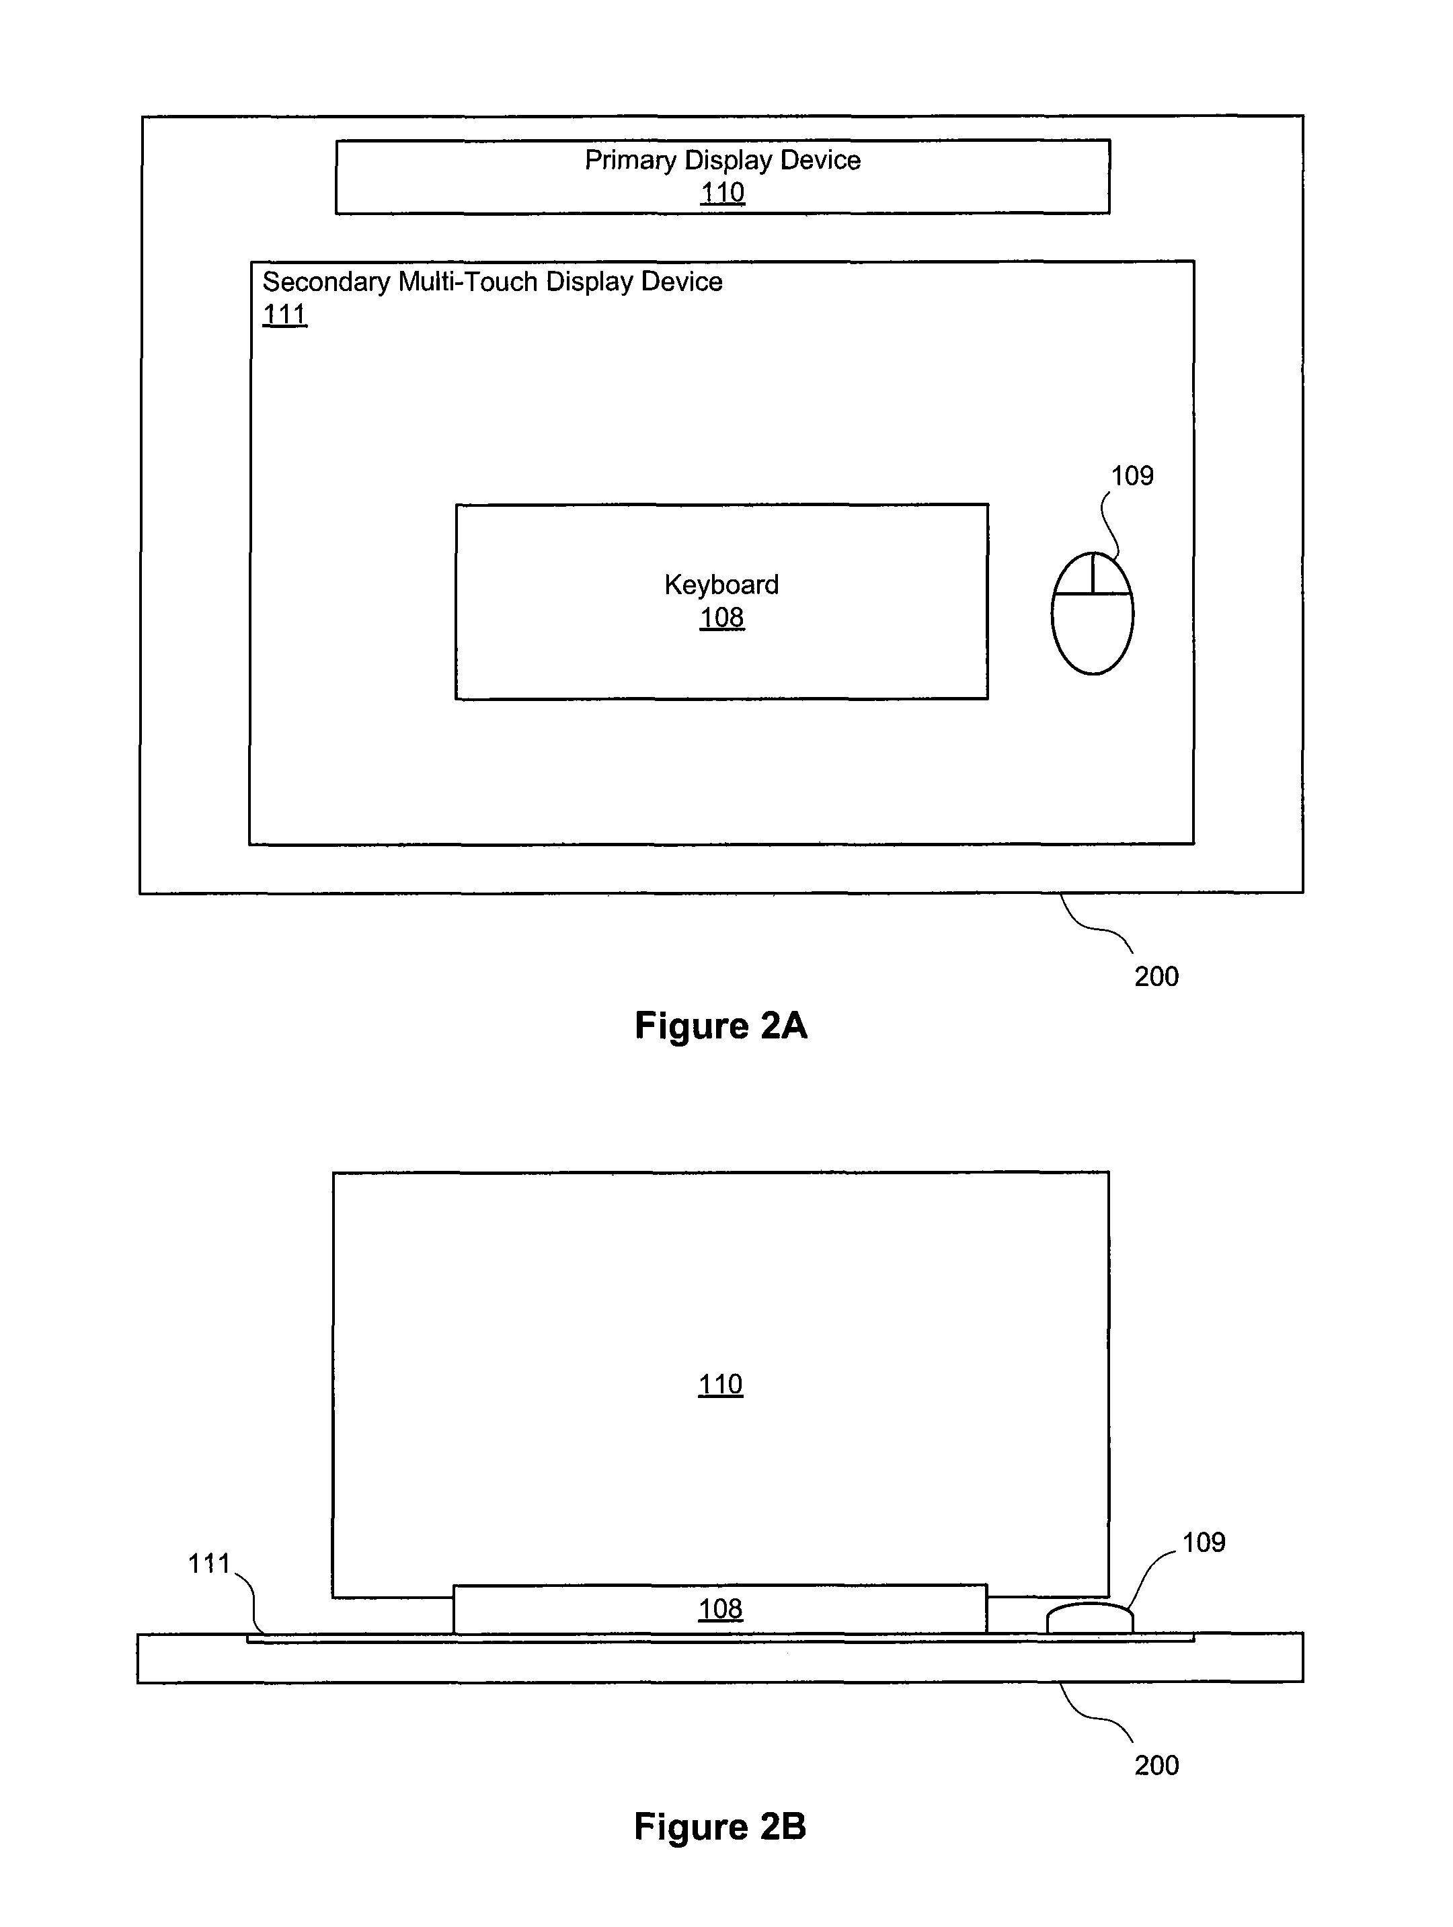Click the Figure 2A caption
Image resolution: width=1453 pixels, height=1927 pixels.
click(721, 1026)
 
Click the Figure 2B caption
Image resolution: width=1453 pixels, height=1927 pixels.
click(720, 1826)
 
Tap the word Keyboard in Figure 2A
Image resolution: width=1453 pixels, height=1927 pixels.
click(721, 585)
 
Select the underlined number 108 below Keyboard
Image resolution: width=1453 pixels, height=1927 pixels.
click(721, 618)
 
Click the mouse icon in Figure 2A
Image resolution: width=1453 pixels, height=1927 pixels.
click(1092, 613)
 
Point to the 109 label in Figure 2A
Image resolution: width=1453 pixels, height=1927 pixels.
click(1132, 476)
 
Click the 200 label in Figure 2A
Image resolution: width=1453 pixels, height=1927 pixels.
click(1156, 977)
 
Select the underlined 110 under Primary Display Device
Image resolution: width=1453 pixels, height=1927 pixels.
click(723, 192)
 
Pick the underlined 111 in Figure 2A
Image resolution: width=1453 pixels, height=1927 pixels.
click(285, 315)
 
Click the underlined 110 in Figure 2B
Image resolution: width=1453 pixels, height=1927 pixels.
click(721, 1385)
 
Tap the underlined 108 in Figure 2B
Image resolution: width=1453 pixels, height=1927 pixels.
click(721, 1609)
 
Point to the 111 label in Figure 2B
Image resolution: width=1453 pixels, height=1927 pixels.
click(209, 1564)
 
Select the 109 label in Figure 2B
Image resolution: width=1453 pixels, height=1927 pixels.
click(1204, 1543)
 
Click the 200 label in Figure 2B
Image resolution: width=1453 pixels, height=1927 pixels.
click(1156, 1766)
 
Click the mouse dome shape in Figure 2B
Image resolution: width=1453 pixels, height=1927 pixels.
click(1089, 1618)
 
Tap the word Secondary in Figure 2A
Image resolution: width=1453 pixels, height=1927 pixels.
click(327, 282)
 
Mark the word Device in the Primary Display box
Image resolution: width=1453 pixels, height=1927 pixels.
click(820, 160)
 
